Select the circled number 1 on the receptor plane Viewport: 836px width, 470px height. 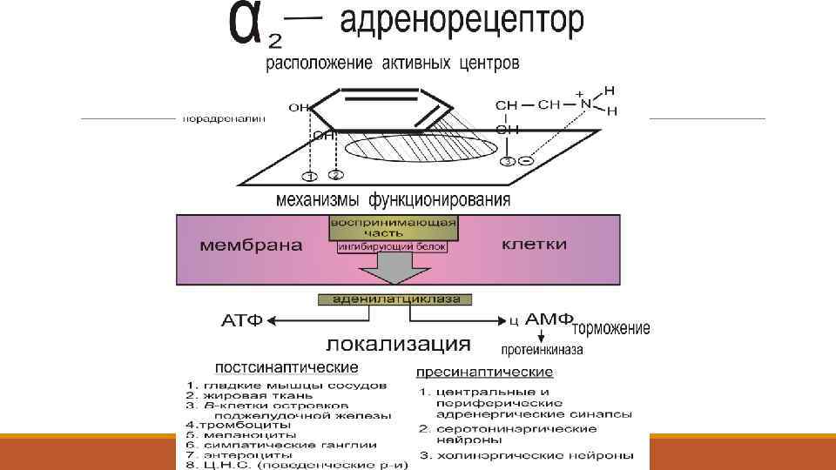pyautogui.click(x=307, y=178)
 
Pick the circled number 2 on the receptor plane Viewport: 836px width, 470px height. pyautogui.click(x=336, y=175)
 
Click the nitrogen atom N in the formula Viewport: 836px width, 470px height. pyautogui.click(x=585, y=104)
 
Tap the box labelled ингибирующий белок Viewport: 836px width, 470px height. pyautogui.click(x=393, y=247)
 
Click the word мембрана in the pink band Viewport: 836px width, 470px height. pyautogui.click(x=252, y=245)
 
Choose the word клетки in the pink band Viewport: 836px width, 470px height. pyautogui.click(x=534, y=245)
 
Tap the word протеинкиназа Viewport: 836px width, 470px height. pyautogui.click(x=542, y=350)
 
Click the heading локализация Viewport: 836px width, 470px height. pyautogui.click(x=399, y=343)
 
